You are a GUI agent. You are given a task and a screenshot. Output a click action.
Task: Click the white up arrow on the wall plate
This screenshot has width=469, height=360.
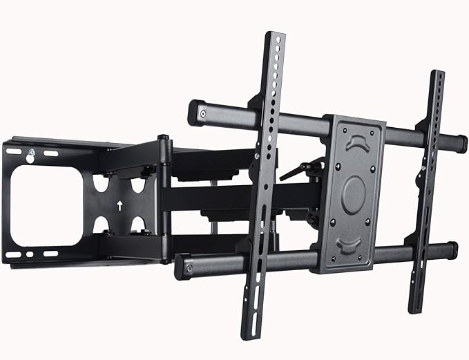(x=119, y=205)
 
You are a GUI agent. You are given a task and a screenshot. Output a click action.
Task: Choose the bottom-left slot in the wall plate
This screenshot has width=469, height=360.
(x=14, y=254)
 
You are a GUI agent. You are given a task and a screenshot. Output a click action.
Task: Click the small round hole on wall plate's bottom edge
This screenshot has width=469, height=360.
(x=32, y=254)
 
